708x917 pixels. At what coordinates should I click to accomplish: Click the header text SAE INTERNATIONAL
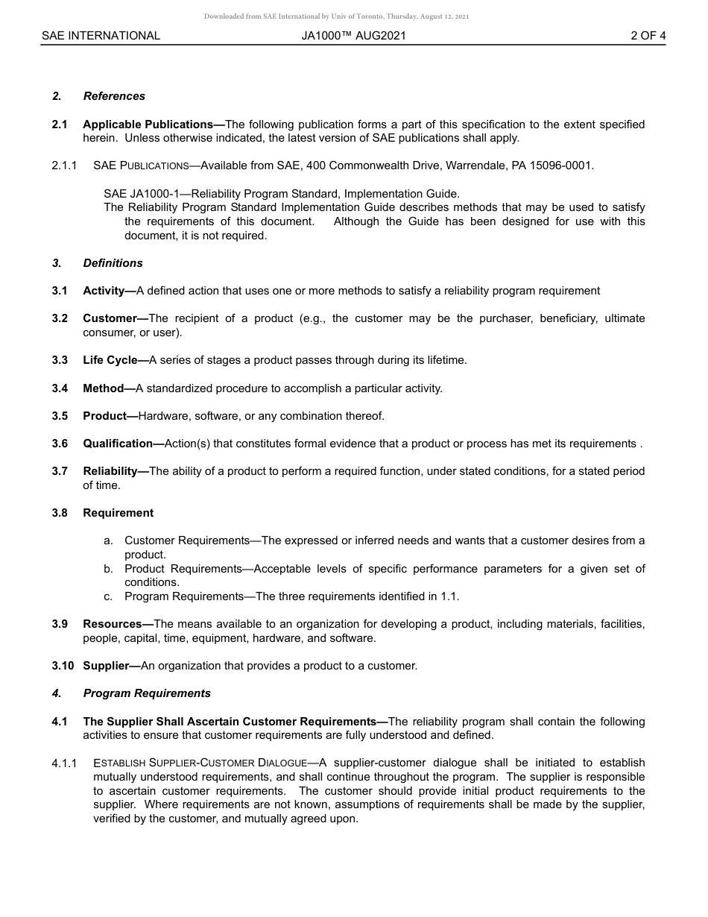(x=101, y=35)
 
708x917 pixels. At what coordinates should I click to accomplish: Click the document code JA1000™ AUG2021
(x=354, y=35)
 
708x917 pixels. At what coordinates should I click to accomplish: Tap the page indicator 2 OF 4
(x=648, y=35)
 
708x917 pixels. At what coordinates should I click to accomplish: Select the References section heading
(x=114, y=96)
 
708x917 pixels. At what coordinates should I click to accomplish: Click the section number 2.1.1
(x=64, y=166)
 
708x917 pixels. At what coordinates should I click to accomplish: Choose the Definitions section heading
(x=113, y=263)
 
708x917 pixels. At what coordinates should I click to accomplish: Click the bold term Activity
(x=107, y=291)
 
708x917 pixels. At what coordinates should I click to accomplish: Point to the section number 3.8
(x=60, y=513)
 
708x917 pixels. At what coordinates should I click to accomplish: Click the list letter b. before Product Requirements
(x=109, y=569)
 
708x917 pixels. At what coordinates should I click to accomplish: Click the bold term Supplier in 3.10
(x=110, y=666)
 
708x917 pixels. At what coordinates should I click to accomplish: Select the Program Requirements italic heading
(x=147, y=693)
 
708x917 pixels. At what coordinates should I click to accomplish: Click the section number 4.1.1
(x=64, y=763)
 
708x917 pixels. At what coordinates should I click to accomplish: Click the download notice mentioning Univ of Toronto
(x=336, y=16)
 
